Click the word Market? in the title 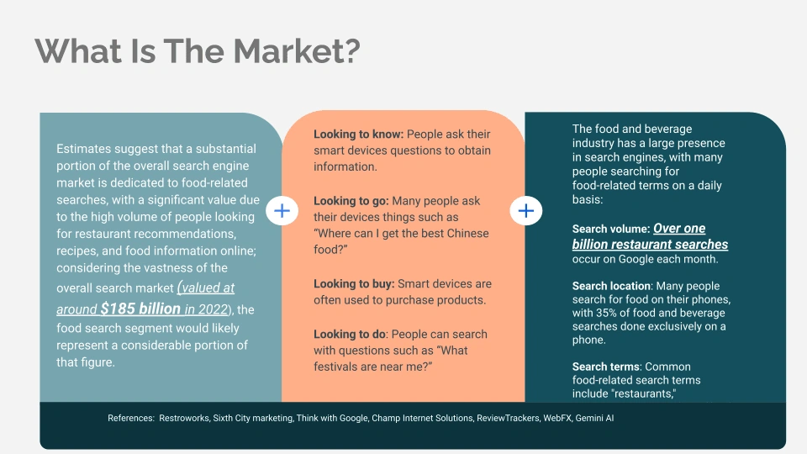297,51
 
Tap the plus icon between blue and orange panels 282,210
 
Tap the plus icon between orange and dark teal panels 526,210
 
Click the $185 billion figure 140,309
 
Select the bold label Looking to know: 359,135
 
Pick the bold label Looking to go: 351,201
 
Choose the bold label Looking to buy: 354,283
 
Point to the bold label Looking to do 350,334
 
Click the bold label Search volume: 611,229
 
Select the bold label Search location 611,286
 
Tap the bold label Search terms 606,367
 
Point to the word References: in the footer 131,418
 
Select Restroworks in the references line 184,418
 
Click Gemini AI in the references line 594,418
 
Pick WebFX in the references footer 557,418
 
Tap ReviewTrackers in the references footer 508,418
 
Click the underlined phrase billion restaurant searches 650,245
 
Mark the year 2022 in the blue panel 213,309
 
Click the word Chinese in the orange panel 467,233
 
